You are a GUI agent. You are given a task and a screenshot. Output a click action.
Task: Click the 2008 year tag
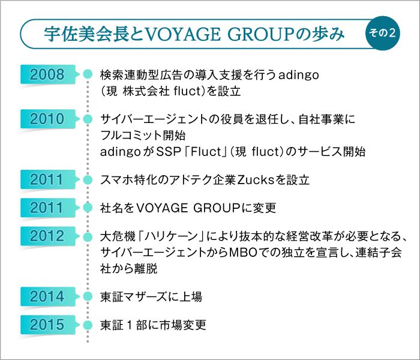[47, 74]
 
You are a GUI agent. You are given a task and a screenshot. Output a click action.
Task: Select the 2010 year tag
[47, 118]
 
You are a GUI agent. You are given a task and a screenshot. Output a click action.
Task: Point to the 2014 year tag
[47, 296]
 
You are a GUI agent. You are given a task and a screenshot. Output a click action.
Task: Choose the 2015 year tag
[47, 325]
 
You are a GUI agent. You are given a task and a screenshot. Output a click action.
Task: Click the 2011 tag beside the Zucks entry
[47, 179]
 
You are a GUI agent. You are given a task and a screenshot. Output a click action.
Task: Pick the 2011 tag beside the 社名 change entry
[47, 208]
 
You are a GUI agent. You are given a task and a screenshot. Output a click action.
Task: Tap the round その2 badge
[382, 34]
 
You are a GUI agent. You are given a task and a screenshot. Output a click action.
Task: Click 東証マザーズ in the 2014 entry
[136, 296]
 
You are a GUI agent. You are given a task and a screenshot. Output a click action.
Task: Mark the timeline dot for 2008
[88, 74]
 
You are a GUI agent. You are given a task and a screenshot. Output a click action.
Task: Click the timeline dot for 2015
[88, 325]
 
